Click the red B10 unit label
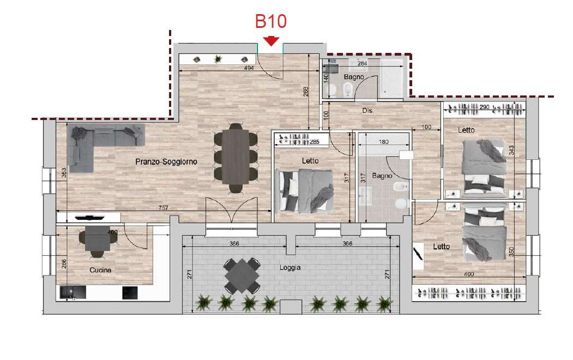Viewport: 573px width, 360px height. click(270, 21)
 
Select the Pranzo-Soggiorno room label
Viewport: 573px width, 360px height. click(166, 161)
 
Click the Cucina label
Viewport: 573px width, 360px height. click(100, 270)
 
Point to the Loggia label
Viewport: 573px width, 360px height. click(290, 267)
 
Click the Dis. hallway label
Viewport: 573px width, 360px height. click(368, 110)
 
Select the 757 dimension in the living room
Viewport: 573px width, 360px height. click(164, 208)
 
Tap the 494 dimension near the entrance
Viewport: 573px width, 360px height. click(249, 68)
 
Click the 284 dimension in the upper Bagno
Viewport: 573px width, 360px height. click(362, 63)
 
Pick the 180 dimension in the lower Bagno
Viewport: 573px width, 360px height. click(384, 142)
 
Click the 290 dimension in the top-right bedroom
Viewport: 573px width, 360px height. click(484, 107)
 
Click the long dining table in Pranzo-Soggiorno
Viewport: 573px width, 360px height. click(236, 157)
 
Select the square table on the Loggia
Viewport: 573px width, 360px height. click(242, 275)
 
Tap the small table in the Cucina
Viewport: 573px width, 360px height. click(98, 238)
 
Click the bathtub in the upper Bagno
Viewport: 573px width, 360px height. click(391, 78)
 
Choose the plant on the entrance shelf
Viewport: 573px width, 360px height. click(218, 59)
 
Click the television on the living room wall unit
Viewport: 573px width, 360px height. click(89, 218)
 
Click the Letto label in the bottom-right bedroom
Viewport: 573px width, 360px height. click(442, 247)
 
